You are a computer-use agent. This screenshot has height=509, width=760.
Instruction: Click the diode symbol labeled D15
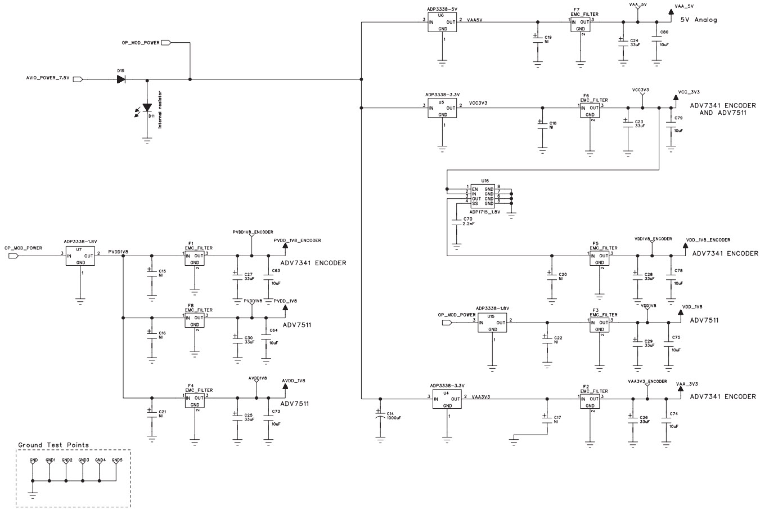point(121,79)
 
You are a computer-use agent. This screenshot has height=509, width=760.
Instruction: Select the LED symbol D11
point(147,108)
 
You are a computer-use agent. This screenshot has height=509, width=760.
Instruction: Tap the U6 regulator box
point(442,24)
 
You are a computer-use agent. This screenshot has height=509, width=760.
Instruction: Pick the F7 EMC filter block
point(582,24)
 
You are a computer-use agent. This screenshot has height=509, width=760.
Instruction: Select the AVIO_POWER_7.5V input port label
point(48,78)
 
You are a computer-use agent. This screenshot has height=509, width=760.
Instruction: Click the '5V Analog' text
point(699,20)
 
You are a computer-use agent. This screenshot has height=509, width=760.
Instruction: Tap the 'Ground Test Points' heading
point(53,445)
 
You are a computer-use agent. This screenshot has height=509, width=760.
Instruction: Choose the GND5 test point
point(116,461)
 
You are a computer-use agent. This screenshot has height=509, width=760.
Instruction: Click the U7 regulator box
point(80,256)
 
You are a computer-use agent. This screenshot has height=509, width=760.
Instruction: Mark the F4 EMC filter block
point(195,400)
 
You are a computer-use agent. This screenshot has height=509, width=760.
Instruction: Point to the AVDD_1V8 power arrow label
point(294,381)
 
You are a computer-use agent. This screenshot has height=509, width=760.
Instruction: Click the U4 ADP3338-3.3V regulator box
point(447,400)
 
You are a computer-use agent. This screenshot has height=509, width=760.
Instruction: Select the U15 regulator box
point(492,324)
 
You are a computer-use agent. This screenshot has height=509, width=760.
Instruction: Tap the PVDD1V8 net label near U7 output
point(118,252)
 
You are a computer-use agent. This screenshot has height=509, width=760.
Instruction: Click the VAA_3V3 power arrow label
point(686,383)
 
